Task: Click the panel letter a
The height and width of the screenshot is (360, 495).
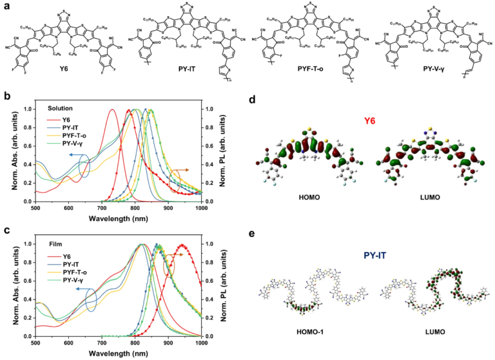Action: pyautogui.click(x=6, y=5)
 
